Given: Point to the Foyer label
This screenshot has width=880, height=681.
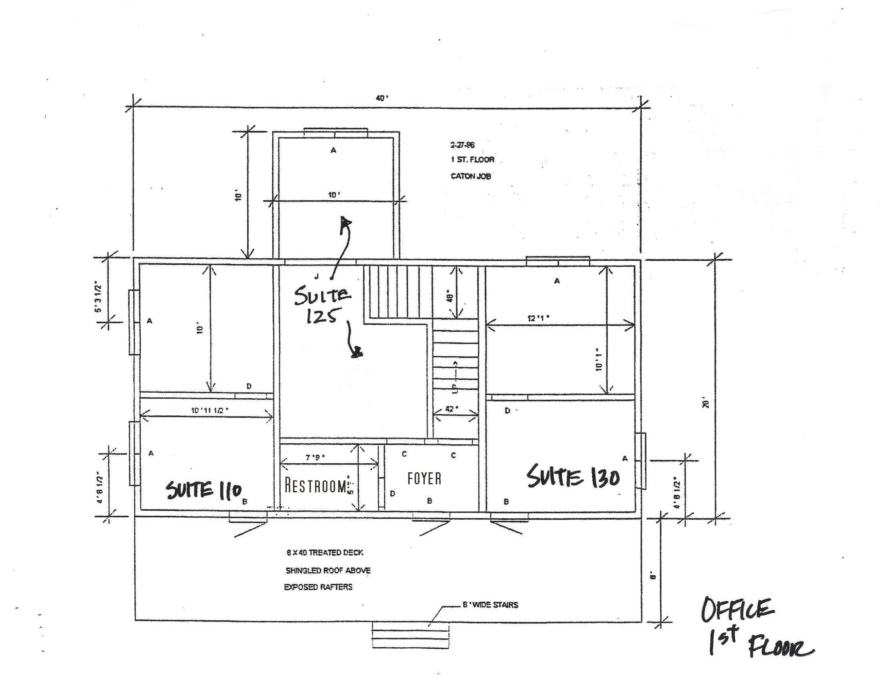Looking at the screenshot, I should pos(424,478).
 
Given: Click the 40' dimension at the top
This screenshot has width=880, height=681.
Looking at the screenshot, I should pos(382,98).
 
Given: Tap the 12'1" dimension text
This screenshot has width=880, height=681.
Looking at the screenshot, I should pos(539,318).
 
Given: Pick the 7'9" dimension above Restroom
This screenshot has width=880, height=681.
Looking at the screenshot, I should pos(315,458).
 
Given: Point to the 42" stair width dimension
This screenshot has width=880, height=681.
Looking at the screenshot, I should pos(451,409).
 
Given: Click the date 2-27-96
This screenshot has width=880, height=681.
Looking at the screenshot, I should pos(462,145).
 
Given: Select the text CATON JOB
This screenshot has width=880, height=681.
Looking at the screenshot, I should pos(471,176).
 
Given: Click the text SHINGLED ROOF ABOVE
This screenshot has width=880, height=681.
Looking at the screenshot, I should pos(328,570).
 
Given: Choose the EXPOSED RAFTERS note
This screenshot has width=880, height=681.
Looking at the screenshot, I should pos(318,587).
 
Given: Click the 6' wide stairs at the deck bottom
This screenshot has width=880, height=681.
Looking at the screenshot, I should pos(410,636).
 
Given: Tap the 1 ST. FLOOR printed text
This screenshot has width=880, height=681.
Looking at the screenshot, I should pos(472,160).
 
